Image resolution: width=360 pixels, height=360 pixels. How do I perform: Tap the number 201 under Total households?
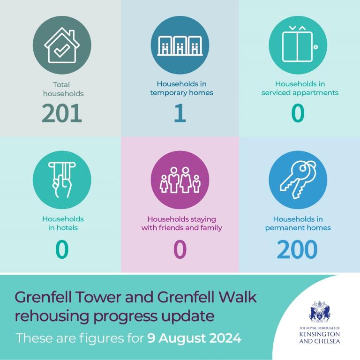(62, 114)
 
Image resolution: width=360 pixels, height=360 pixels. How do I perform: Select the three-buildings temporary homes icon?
(180, 45)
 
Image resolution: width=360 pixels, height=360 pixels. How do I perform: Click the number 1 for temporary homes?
(180, 114)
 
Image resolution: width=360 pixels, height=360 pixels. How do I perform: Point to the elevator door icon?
(298, 45)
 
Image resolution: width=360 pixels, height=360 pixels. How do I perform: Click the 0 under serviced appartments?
(298, 114)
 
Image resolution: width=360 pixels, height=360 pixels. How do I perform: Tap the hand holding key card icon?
(62, 180)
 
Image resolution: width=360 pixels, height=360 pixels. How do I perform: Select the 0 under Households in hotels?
(62, 249)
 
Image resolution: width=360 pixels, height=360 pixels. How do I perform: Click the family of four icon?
(180, 180)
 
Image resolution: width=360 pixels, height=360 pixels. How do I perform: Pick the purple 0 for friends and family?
(180, 249)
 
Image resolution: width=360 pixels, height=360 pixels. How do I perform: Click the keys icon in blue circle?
(298, 180)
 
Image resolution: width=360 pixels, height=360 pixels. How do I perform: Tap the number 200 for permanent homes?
(298, 249)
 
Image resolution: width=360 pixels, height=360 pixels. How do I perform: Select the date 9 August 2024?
(194, 337)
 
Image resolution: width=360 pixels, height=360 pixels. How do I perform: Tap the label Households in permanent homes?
(298, 223)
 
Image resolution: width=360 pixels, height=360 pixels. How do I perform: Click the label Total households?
(62, 89)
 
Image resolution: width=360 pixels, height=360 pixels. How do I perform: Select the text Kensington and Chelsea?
(319, 337)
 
